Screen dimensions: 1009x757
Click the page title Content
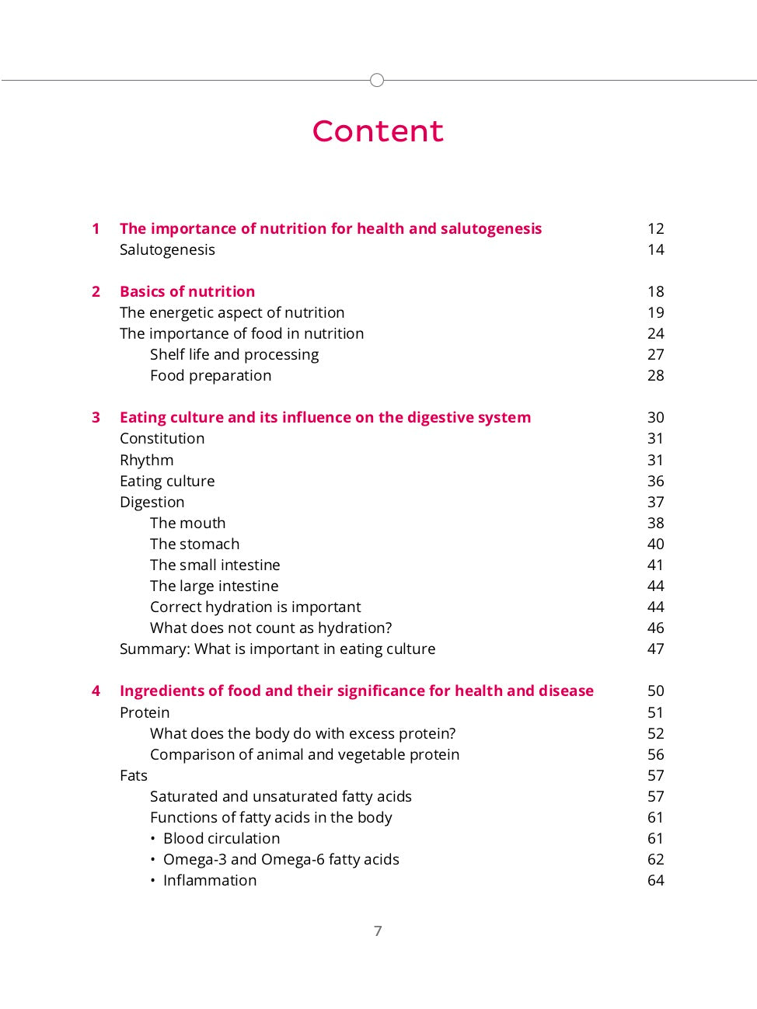coord(378,130)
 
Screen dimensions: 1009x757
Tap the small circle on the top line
coord(377,80)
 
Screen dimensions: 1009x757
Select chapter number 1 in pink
coord(96,228)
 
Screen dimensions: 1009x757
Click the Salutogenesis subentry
coord(167,249)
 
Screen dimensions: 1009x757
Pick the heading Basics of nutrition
coord(187,291)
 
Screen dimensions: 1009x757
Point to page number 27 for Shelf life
coord(655,354)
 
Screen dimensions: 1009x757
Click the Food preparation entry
coord(211,375)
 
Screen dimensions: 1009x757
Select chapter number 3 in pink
coord(96,417)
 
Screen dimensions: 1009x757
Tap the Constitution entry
coord(162,438)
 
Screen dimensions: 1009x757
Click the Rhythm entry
coord(146,460)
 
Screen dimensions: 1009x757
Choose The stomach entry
coord(194,544)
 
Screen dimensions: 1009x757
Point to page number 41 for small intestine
coord(655,565)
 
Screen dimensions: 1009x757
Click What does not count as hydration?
coord(270,628)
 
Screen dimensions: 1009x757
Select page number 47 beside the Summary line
coord(655,649)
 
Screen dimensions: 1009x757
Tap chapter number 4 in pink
coord(96,691)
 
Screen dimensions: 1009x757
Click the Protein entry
coord(145,712)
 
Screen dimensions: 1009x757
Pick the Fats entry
coord(133,775)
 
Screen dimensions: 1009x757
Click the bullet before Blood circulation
coord(153,839)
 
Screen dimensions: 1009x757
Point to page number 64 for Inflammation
coord(655,880)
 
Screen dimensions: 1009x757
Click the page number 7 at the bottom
coord(378,931)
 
